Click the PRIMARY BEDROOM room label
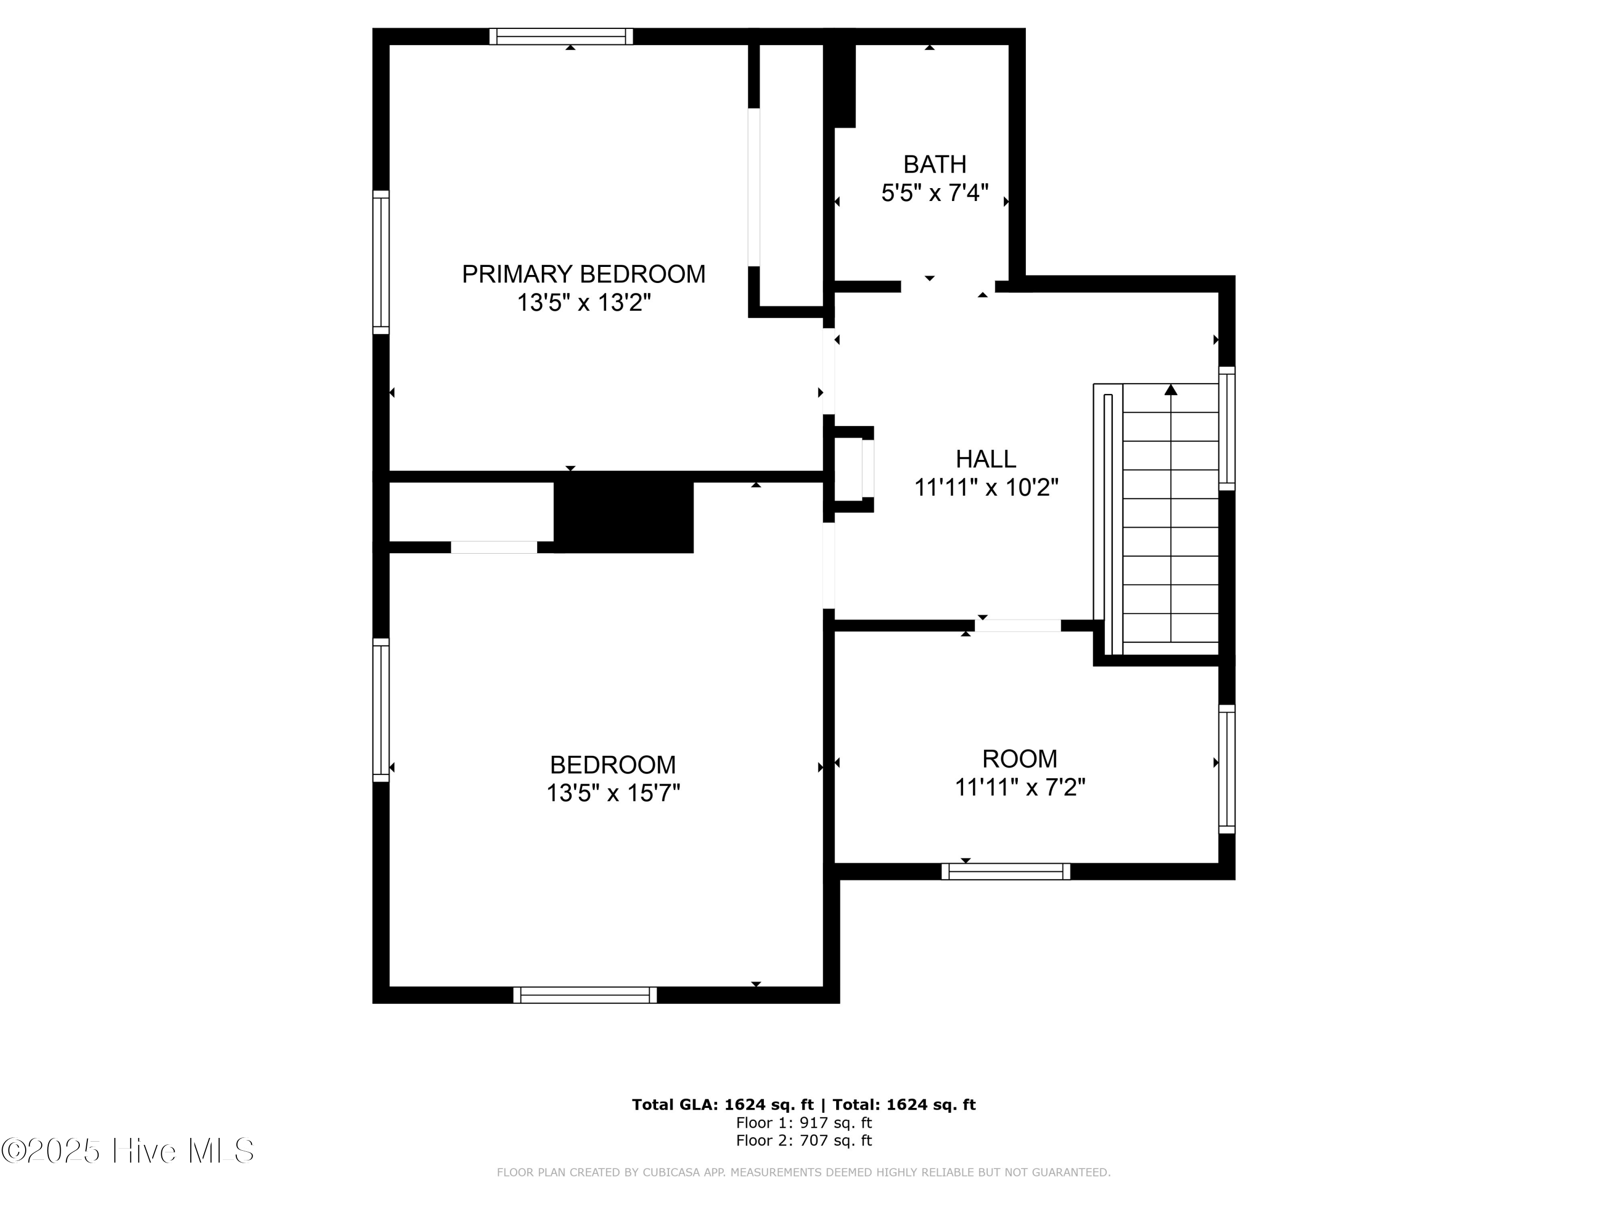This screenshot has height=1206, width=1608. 583,274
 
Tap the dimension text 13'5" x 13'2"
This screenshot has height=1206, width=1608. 583,302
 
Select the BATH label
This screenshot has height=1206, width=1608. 934,165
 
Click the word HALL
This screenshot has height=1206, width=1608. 985,459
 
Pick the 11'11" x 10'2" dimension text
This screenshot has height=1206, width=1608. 985,487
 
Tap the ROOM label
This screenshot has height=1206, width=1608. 1019,759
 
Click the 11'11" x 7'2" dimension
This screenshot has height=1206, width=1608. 1019,787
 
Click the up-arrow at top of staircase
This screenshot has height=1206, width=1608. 1171,390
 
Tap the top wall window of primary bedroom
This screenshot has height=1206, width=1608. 561,36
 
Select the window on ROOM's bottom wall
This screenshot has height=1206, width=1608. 1006,872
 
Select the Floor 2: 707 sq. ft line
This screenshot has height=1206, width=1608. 803,1141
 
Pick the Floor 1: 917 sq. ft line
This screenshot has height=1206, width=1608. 803,1123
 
